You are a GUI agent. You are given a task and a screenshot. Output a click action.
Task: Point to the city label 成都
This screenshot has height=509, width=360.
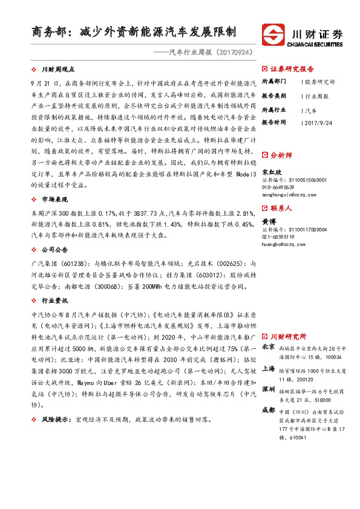pyautogui.click(x=269, y=409)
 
